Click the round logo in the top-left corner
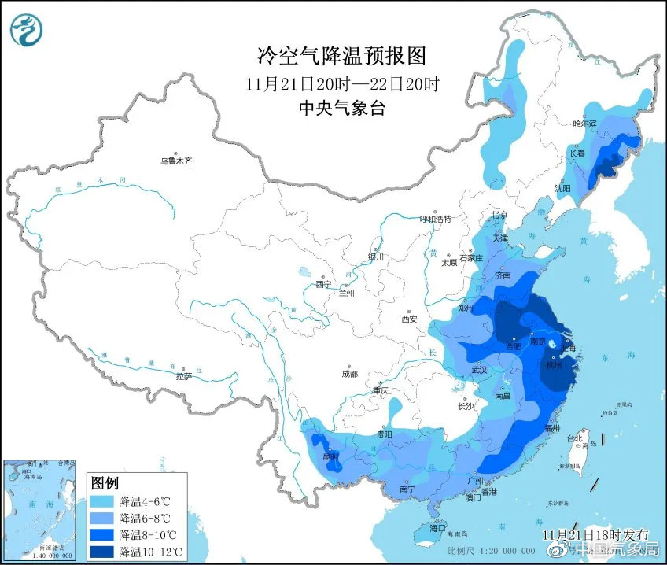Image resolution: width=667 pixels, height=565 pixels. (25, 29)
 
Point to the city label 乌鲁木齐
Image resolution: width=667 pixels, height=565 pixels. (176, 161)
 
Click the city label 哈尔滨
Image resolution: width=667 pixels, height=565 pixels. (584, 124)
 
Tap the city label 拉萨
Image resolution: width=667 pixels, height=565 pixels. (183, 376)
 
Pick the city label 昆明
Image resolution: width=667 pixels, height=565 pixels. (331, 456)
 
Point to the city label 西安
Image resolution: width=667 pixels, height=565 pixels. (408, 319)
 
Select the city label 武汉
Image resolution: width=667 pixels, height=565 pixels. (479, 369)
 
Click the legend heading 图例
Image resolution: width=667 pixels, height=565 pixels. (105, 482)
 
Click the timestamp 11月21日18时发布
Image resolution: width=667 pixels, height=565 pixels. (595, 534)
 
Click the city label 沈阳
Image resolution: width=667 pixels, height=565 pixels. (562, 188)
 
